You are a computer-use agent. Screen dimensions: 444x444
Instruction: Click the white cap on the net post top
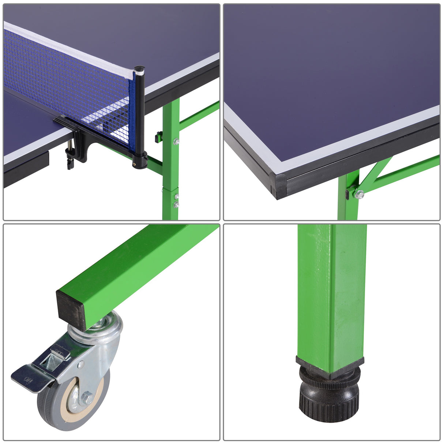pos(139,68)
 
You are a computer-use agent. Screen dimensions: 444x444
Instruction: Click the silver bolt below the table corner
pos(359,194)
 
